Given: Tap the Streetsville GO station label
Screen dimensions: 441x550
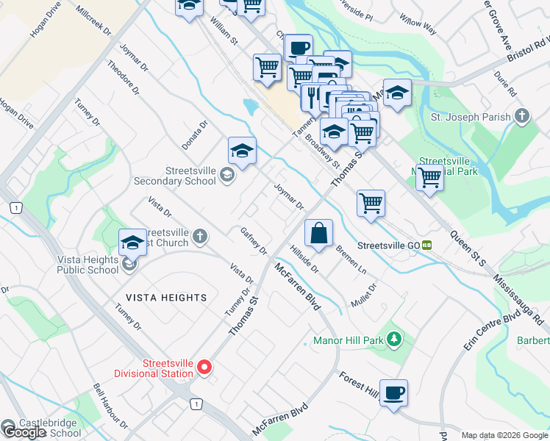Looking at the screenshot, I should click(x=389, y=245).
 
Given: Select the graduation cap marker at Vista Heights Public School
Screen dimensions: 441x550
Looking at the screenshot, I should click(x=133, y=242).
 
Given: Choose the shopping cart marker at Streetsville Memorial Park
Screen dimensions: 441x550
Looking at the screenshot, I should click(x=429, y=176).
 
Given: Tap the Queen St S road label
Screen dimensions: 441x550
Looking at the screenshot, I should click(x=468, y=248).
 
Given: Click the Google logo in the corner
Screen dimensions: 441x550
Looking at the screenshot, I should click(x=24, y=432).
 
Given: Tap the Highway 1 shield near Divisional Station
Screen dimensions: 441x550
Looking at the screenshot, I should click(x=196, y=404).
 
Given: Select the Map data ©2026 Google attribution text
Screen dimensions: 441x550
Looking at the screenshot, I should click(x=504, y=435).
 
